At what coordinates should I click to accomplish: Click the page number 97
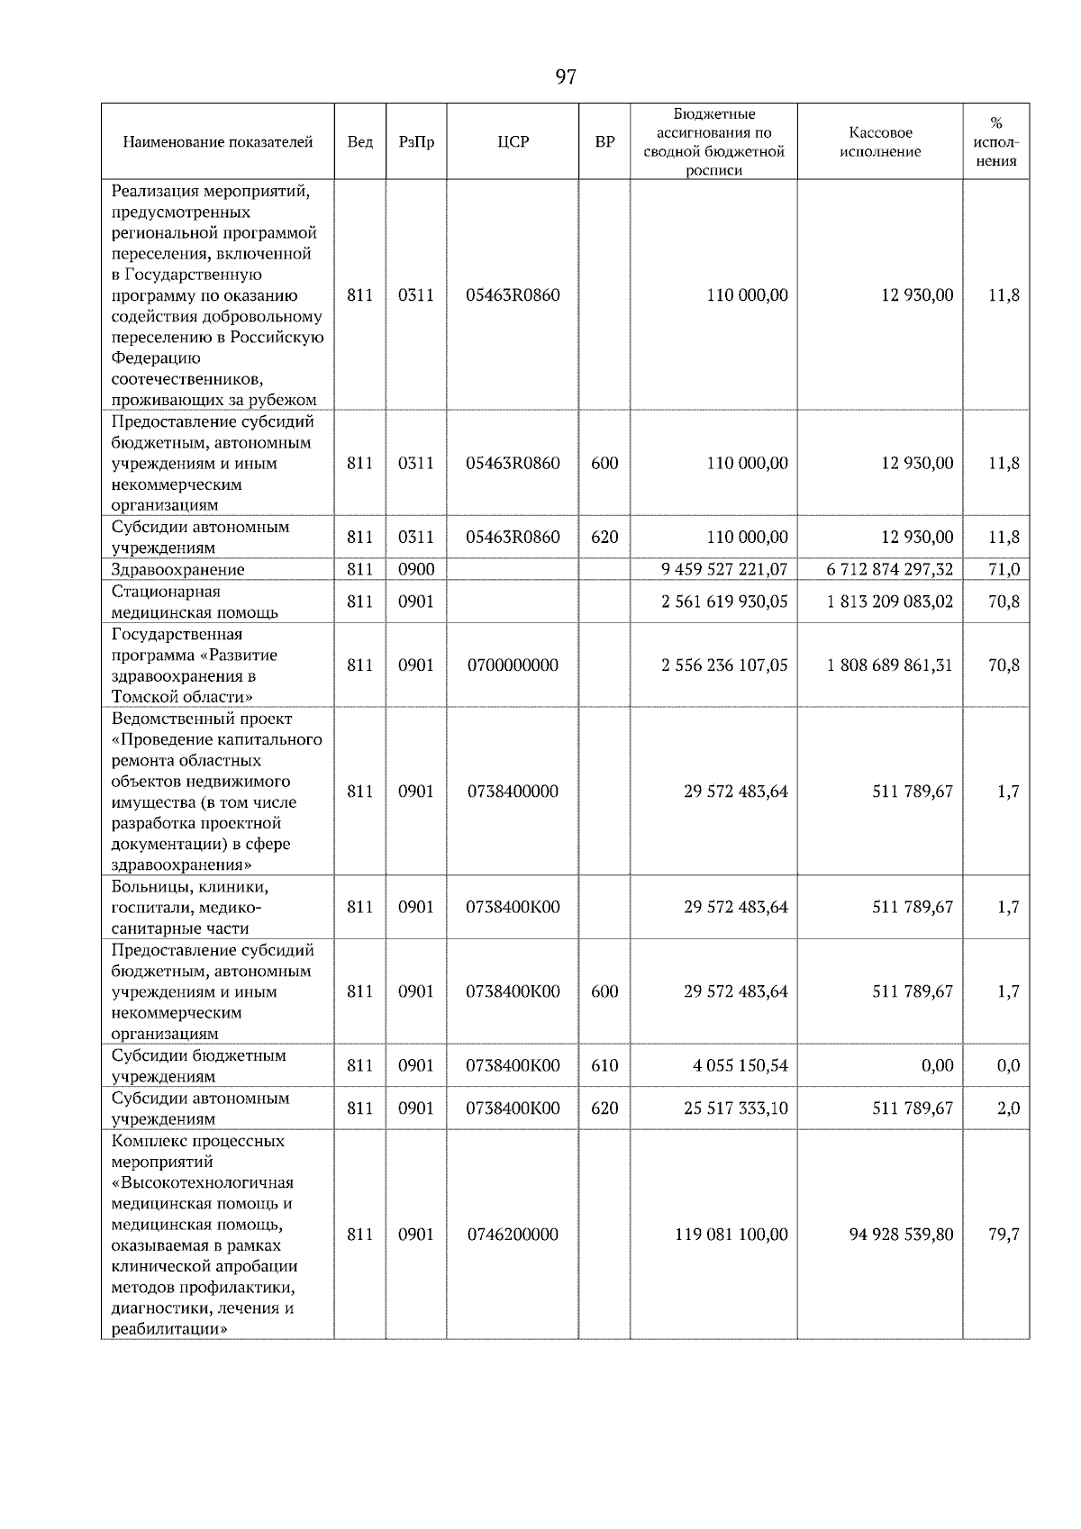click(566, 77)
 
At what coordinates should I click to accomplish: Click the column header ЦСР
click(513, 142)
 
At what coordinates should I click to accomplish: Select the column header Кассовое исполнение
click(880, 142)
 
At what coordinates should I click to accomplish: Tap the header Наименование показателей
click(217, 142)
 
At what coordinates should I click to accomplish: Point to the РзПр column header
click(415, 142)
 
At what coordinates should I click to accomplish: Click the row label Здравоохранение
click(177, 569)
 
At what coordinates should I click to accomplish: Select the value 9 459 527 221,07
click(724, 569)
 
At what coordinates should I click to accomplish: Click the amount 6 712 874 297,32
click(889, 569)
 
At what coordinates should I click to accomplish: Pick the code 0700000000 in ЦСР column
click(513, 665)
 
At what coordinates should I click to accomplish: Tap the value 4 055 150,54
click(740, 1065)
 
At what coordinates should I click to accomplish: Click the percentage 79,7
click(1004, 1235)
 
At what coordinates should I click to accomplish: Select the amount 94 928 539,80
click(901, 1235)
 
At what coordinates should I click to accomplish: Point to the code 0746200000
click(513, 1235)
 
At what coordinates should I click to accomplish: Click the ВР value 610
click(604, 1065)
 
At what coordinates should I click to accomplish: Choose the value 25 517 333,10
click(735, 1108)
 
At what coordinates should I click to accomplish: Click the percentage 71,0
click(1004, 569)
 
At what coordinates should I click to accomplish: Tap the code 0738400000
click(513, 792)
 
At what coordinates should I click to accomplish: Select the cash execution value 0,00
click(937, 1065)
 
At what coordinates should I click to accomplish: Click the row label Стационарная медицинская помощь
click(195, 602)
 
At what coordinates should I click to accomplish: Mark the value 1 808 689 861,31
click(889, 665)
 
